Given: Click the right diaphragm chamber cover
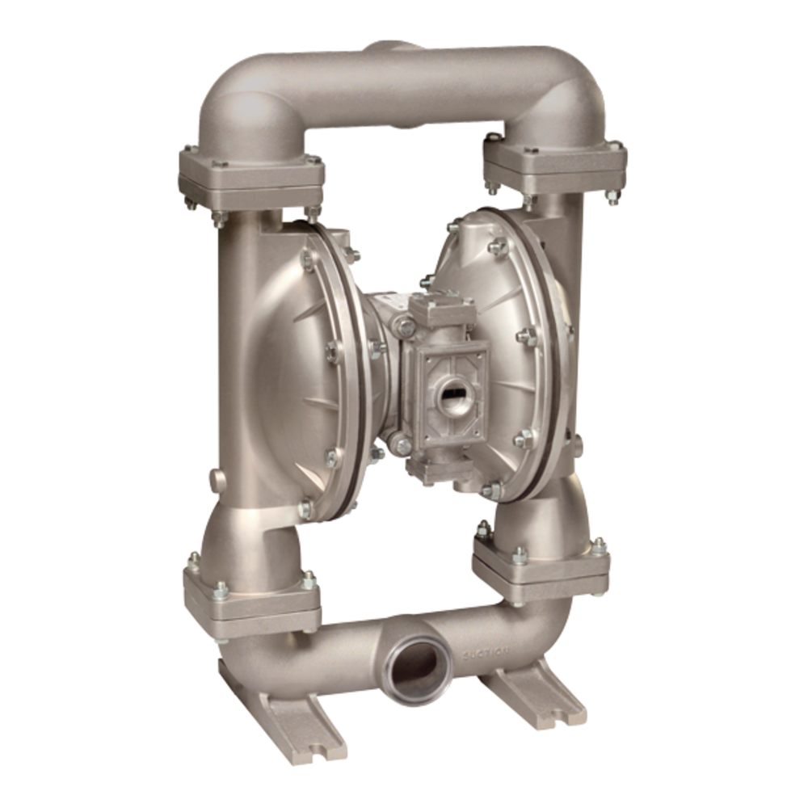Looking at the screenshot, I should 517,339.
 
